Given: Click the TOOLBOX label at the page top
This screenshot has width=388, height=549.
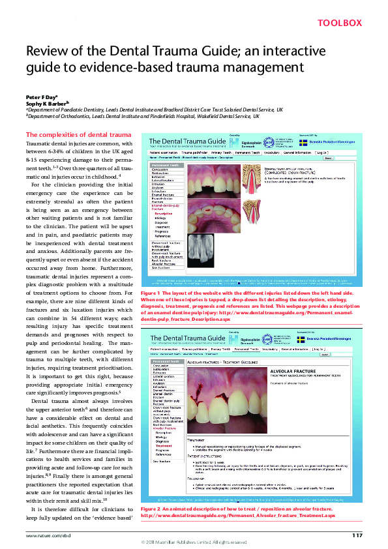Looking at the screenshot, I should coord(339,23).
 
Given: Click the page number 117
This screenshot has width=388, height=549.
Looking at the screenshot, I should coord(357,535).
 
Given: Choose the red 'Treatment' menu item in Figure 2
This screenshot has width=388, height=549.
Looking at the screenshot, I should coord(163,446).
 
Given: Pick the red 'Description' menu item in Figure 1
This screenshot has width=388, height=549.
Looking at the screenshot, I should coord(164,213).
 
